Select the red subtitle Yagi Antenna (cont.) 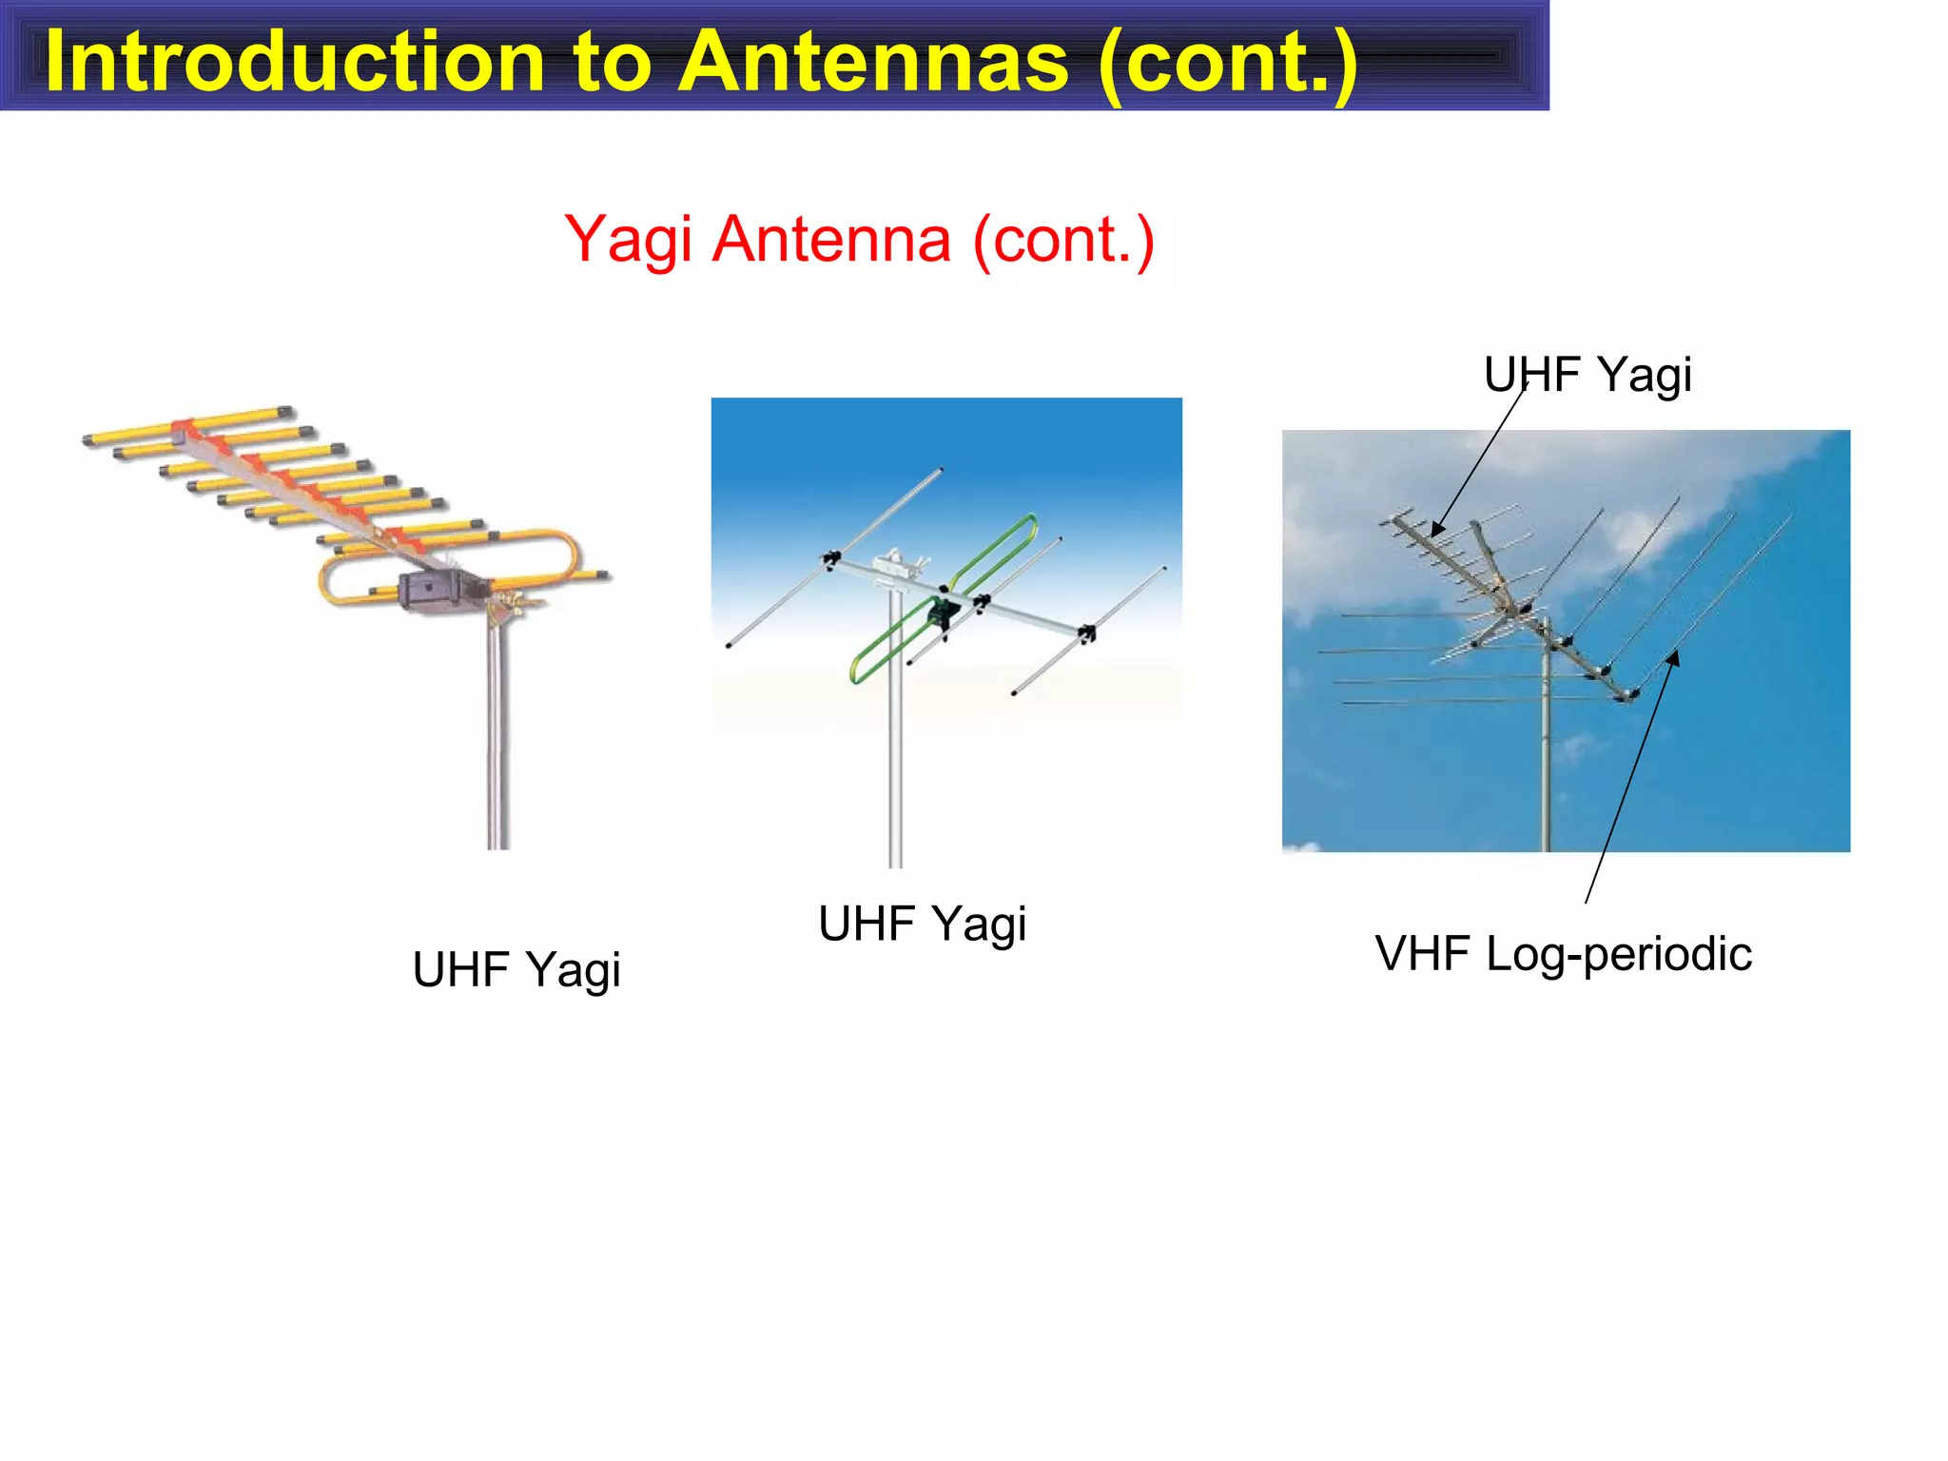[859, 239]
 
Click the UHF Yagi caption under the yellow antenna [516, 970]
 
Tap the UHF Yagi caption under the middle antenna [922, 924]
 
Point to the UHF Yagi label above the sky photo [1588, 374]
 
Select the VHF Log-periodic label [1563, 954]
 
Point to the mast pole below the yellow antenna [498, 742]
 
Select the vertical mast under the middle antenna [895, 761]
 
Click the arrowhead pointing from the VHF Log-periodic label [1673, 657]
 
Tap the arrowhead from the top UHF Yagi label [1437, 529]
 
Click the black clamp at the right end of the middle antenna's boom [1087, 633]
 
